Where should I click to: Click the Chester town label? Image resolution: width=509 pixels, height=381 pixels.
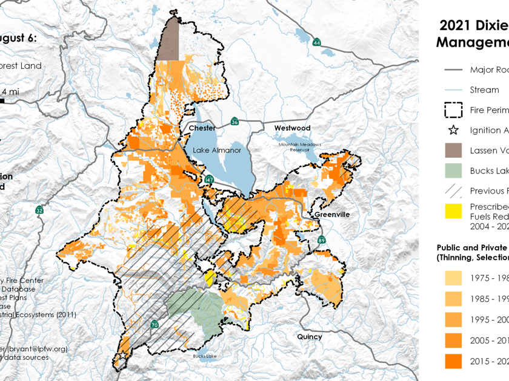[202, 128]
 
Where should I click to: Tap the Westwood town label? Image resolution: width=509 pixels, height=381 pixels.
[292, 128]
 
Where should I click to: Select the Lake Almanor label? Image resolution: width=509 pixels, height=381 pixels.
[217, 150]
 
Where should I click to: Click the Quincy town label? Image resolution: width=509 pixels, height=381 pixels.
[309, 337]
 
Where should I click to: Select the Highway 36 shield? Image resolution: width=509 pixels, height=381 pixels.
[235, 122]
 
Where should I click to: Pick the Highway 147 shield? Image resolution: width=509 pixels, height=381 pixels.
[209, 180]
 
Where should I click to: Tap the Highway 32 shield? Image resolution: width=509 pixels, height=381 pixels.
[39, 210]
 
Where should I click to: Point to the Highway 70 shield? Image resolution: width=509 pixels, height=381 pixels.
[155, 325]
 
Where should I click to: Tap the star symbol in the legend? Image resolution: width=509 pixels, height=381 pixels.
[453, 130]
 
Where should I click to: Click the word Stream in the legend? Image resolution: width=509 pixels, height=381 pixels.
[484, 90]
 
